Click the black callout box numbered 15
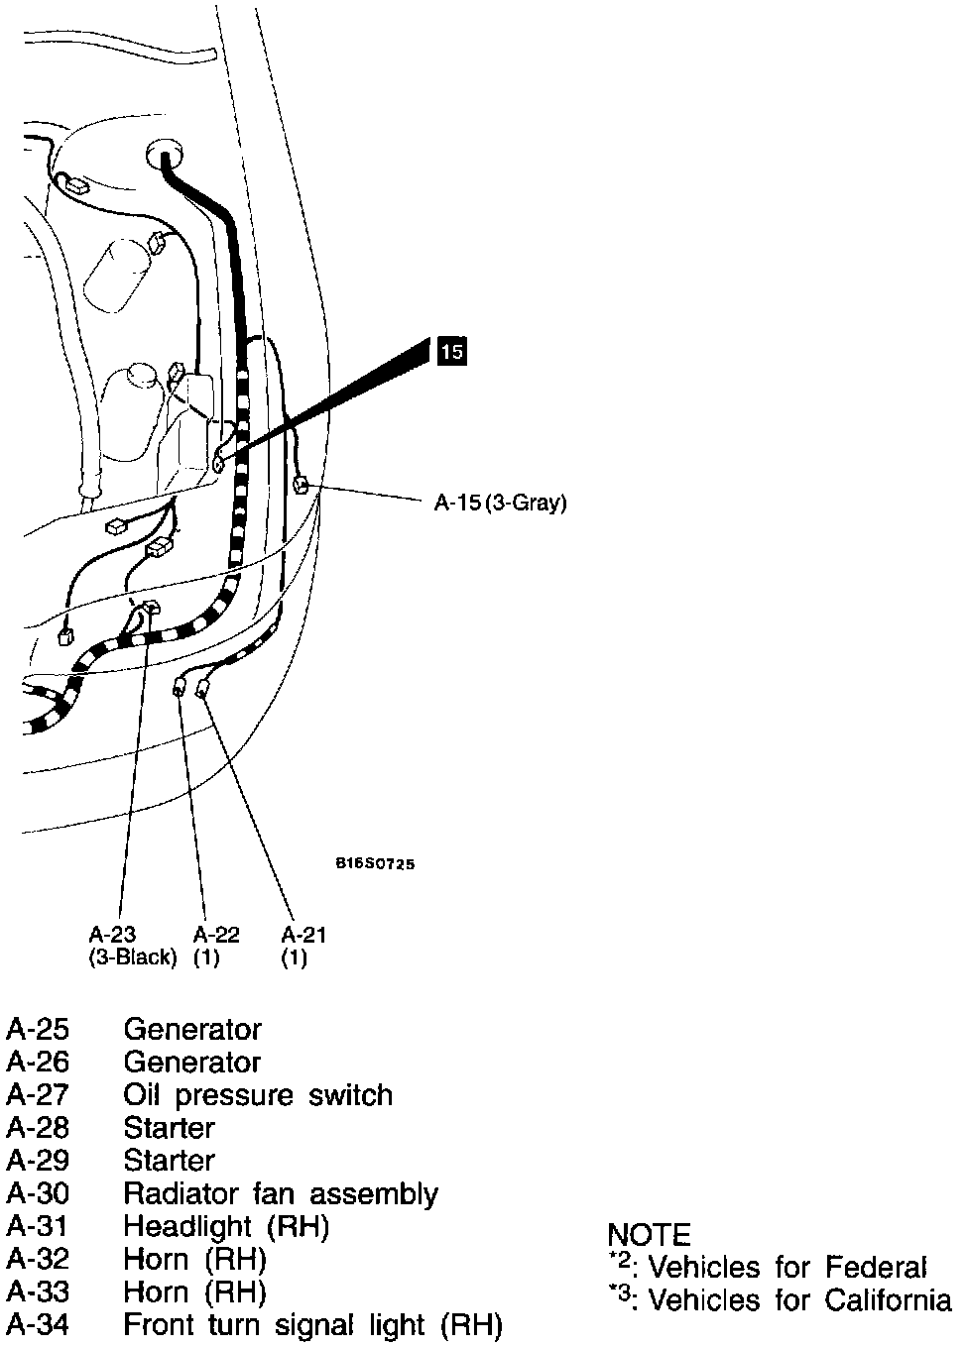pyautogui.click(x=450, y=351)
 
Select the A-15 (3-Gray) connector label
pyautogui.click(x=501, y=503)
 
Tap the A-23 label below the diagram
pyautogui.click(x=112, y=935)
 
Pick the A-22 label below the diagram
pyautogui.click(x=216, y=935)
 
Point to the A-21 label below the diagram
pyautogui.click(x=303, y=935)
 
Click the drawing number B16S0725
pyautogui.click(x=375, y=863)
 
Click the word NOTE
pyautogui.click(x=649, y=1235)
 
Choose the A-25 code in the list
pyautogui.click(x=38, y=1030)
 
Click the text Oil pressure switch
pyautogui.click(x=258, y=1095)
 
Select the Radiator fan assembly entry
pyautogui.click(x=280, y=1193)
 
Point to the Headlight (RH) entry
pyautogui.click(x=225, y=1226)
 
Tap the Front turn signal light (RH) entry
pyautogui.click(x=312, y=1324)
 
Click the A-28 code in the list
pyautogui.click(x=38, y=1128)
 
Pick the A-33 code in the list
pyautogui.click(x=38, y=1292)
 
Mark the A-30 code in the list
pyautogui.click(x=38, y=1193)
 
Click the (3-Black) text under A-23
pyautogui.click(x=133, y=958)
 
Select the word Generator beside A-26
pyautogui.click(x=191, y=1063)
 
